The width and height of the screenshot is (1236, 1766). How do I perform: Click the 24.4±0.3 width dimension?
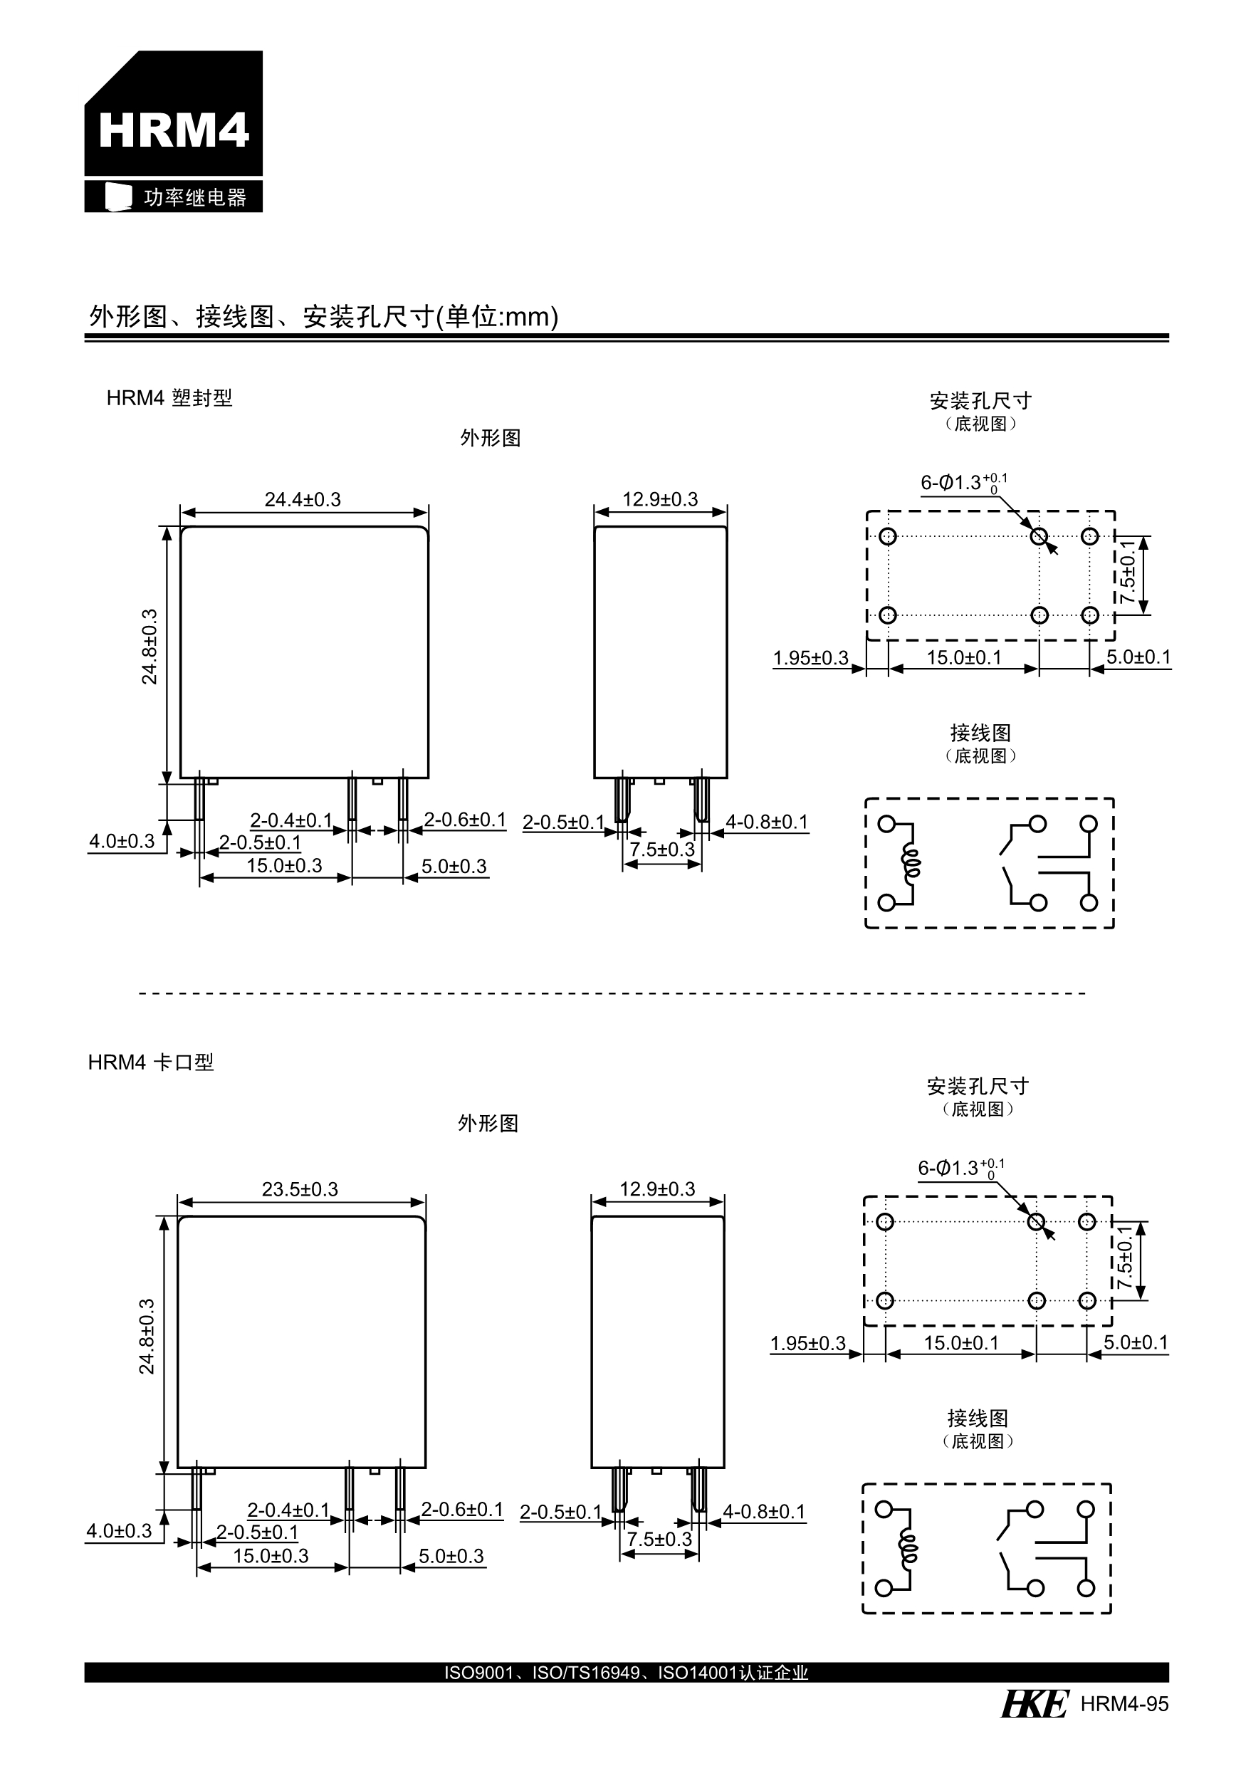[x=303, y=500]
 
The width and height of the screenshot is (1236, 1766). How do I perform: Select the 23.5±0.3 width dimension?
[x=299, y=1190]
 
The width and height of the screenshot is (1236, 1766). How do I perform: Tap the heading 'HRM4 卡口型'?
[x=151, y=1062]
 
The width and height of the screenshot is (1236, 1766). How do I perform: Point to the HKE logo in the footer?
[x=1035, y=1704]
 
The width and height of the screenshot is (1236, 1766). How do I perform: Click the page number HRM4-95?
[x=1124, y=1705]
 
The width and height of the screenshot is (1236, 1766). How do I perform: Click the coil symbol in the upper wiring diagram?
[x=911, y=863]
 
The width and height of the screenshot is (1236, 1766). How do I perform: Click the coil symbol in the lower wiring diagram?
[x=908, y=1548]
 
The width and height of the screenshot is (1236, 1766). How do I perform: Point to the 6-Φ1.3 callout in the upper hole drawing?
[x=963, y=483]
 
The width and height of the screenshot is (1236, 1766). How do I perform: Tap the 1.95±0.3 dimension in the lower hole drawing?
[x=807, y=1344]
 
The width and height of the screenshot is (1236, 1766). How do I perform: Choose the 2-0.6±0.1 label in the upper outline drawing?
[x=464, y=820]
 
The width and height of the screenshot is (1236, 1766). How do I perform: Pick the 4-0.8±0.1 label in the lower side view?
[x=764, y=1512]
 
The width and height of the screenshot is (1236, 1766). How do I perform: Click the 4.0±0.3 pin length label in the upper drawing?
[x=122, y=842]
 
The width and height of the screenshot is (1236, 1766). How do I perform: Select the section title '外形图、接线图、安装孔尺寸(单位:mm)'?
[x=324, y=316]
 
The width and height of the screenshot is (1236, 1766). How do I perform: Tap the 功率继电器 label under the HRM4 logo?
[x=194, y=198]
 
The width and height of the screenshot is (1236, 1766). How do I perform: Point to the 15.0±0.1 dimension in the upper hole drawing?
[x=964, y=658]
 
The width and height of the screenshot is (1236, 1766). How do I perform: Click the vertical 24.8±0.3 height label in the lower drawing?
[x=147, y=1336]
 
